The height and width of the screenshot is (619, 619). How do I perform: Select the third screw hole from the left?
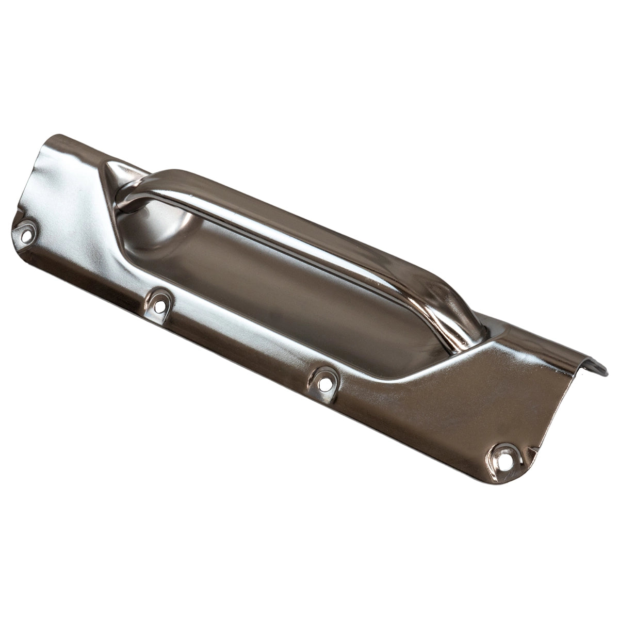point(324,383)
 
